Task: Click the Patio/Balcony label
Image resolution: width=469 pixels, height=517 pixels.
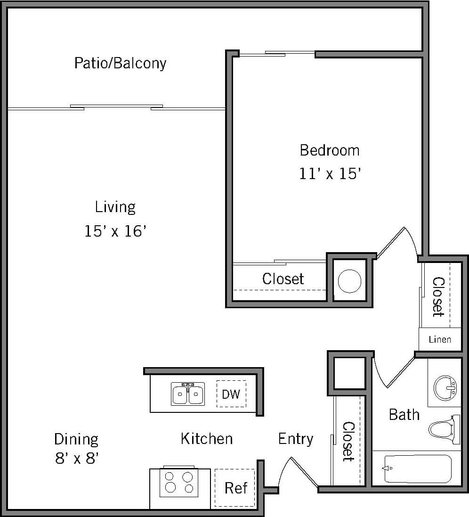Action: (120, 63)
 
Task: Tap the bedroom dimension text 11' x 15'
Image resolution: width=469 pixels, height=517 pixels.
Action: (330, 174)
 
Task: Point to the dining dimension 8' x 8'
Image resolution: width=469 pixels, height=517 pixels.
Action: (76, 458)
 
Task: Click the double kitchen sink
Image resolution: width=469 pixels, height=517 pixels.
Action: (188, 394)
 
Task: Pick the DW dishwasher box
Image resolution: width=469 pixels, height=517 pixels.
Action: (231, 394)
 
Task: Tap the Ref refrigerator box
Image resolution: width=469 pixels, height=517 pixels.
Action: (235, 488)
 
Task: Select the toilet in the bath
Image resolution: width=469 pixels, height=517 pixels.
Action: (444, 429)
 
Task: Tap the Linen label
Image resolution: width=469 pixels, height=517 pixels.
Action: (440, 339)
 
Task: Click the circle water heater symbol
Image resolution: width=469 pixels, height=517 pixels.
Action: (350, 281)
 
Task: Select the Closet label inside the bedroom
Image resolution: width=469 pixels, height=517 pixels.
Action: (283, 279)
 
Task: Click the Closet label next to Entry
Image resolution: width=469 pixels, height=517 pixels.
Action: (348, 441)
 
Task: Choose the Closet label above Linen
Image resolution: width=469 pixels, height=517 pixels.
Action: (438, 296)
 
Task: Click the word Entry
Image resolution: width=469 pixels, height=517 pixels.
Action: (295, 439)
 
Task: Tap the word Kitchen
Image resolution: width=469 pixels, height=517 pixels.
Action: (206, 439)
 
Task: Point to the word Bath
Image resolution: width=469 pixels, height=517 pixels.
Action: (404, 415)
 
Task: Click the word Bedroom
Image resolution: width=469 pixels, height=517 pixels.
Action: (330, 150)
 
